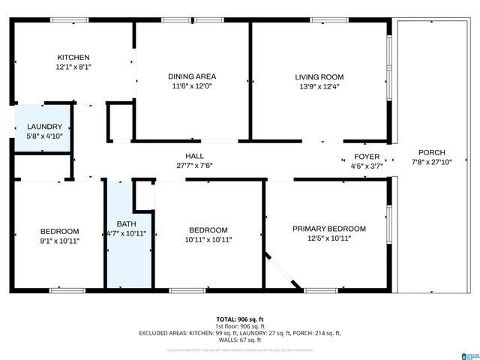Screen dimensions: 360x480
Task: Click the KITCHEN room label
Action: tap(73, 57)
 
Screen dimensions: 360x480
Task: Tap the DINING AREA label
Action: tap(192, 76)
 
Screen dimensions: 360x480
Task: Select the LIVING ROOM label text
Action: tap(319, 76)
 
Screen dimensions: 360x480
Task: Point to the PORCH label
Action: tap(431, 152)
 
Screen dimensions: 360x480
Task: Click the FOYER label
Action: tap(367, 157)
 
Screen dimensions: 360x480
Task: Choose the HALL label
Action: tap(195, 156)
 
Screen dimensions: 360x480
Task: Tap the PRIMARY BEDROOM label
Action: tap(329, 229)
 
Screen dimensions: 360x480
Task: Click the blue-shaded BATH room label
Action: tap(125, 223)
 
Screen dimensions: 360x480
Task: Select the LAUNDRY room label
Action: tap(44, 127)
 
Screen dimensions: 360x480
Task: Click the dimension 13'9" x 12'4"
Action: tap(319, 86)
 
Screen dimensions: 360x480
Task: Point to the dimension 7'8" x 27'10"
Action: tap(431, 162)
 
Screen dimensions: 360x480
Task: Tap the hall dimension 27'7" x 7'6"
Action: tap(195, 166)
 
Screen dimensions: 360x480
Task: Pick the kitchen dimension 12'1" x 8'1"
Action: tap(73, 67)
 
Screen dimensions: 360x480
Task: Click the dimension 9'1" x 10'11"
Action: tap(59, 241)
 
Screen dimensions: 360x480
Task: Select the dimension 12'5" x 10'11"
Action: tap(329, 238)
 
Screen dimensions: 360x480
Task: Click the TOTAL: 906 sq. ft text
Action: tap(239, 319)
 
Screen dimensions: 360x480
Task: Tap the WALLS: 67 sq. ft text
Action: tap(239, 339)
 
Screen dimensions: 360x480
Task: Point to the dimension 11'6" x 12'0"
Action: tap(192, 86)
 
